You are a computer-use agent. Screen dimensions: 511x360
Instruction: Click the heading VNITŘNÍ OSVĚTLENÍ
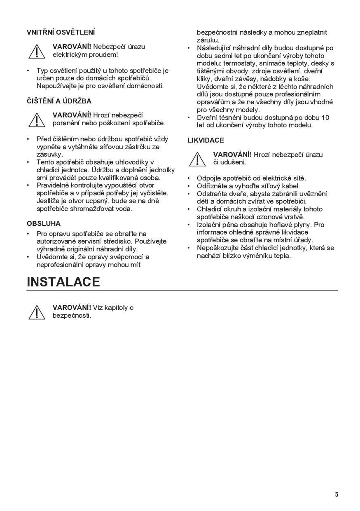61,32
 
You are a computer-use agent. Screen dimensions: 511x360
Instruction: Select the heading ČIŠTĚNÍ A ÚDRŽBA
59,101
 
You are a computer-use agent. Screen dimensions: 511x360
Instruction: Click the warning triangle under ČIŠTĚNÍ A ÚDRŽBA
37,120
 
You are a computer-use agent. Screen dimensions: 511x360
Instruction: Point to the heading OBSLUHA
44,223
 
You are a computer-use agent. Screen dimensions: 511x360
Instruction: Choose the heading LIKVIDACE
206,140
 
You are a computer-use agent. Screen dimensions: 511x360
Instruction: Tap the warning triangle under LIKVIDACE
197,159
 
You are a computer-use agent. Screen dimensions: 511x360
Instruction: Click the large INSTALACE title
63,282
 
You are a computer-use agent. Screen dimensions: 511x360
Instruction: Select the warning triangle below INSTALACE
37,312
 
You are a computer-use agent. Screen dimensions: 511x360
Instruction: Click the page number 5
337,495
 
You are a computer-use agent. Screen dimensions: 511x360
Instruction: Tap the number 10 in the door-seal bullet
325,117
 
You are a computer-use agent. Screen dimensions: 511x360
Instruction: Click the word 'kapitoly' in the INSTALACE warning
116,307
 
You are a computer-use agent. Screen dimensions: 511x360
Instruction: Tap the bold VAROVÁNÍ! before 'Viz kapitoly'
72,307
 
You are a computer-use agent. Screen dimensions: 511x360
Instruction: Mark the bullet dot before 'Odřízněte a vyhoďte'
188,186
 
